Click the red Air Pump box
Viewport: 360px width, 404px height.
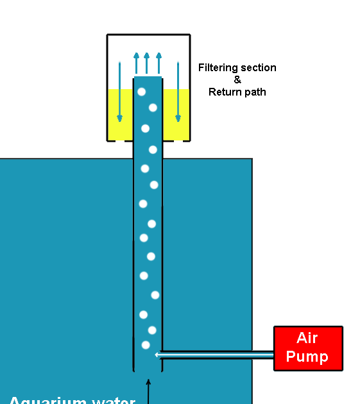tap(308, 348)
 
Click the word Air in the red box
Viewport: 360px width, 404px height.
tap(307, 339)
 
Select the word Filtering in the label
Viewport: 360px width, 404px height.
tap(219, 68)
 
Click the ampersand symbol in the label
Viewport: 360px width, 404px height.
tap(237, 80)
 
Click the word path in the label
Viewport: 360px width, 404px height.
tap(254, 92)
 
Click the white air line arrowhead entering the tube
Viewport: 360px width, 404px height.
tap(157, 355)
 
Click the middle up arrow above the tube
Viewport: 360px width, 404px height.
tap(147, 63)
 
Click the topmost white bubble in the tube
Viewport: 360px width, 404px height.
tap(141, 92)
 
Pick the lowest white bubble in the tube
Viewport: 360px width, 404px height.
tap(146, 345)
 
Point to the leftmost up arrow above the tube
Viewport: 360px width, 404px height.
tap(137, 63)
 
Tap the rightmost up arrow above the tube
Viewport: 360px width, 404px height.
tap(159, 63)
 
